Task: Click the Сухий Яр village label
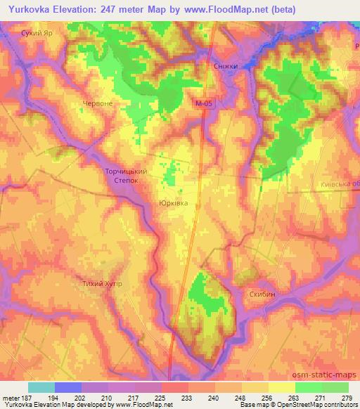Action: click(38, 32)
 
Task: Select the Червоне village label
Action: click(98, 103)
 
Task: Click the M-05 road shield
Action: click(203, 103)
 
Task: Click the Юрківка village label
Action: click(173, 202)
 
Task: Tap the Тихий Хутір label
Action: click(102, 284)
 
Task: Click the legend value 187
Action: click(21, 397)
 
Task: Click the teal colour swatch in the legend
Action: click(41, 387)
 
